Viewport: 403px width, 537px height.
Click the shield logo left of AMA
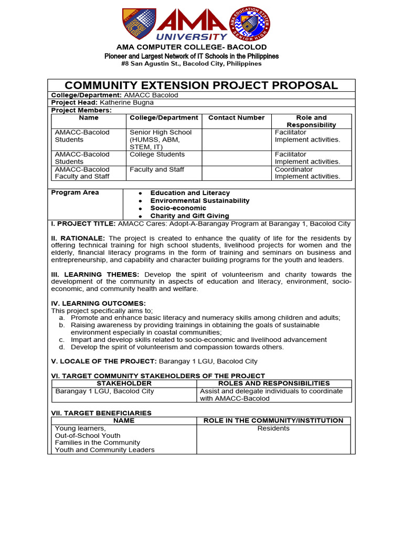[x=139, y=24]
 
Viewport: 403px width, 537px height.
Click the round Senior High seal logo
[x=251, y=24]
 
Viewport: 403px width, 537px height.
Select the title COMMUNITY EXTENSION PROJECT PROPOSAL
[x=201, y=85]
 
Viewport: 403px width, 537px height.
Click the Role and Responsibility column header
[x=311, y=121]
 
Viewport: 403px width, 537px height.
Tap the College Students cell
[x=157, y=155]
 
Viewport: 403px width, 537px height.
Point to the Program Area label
[x=75, y=192]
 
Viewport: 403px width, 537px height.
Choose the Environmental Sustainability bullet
[x=200, y=201]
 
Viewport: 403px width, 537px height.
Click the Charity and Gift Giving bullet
[x=189, y=216]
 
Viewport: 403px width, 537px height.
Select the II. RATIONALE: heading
[x=78, y=238]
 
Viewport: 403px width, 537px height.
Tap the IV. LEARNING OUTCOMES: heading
[x=98, y=304]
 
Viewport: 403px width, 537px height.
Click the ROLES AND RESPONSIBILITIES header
[x=274, y=384]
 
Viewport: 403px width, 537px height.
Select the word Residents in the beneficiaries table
[x=273, y=428]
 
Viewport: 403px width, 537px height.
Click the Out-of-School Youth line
[x=88, y=436]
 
